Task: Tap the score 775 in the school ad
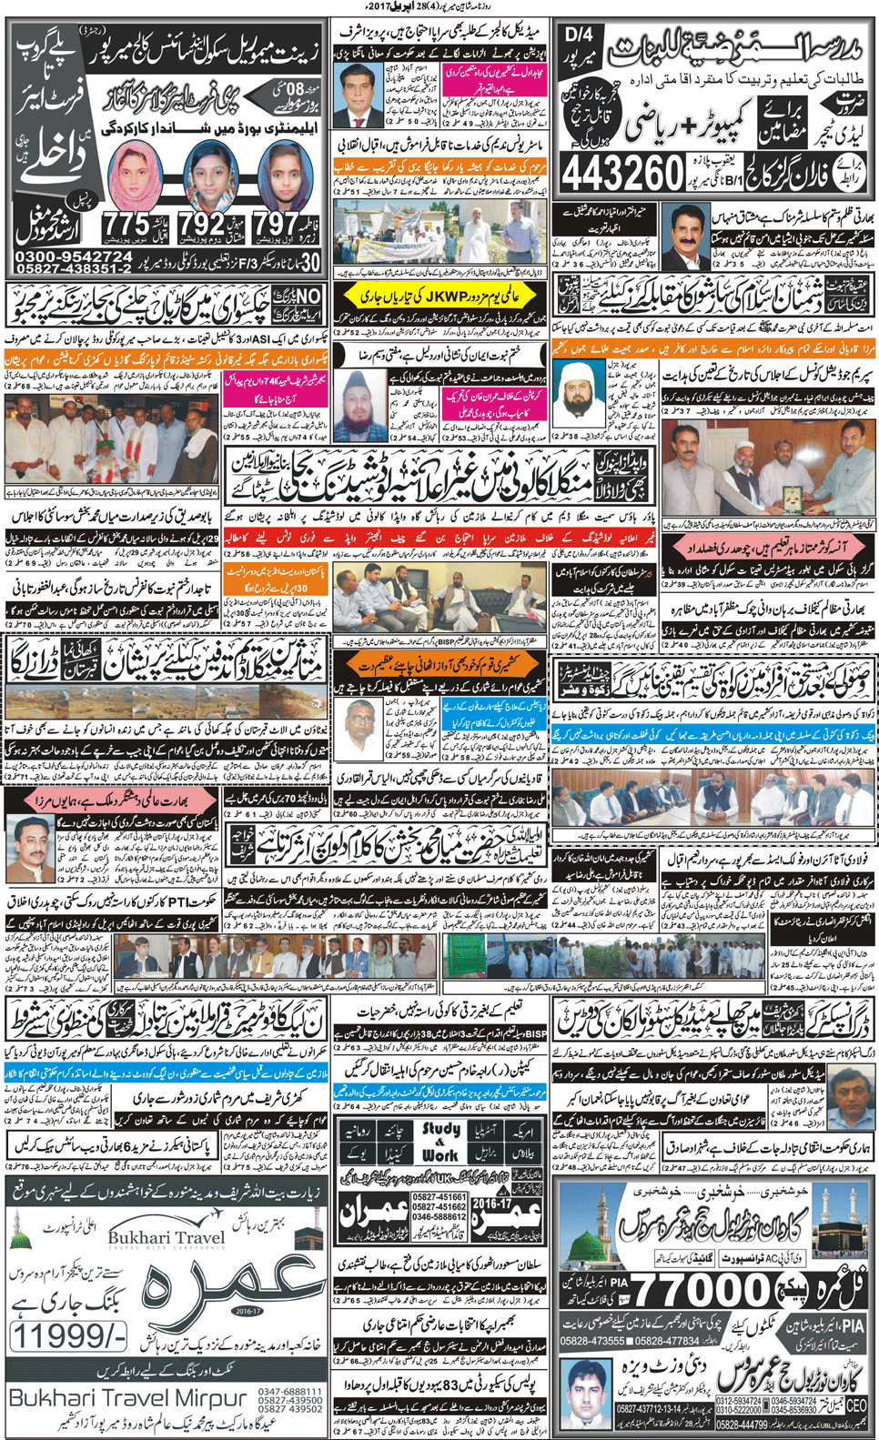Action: pyautogui.click(x=126, y=224)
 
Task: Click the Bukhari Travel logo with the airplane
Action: pyautogui.click(x=165, y=1237)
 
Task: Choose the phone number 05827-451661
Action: pyautogui.click(x=439, y=1197)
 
